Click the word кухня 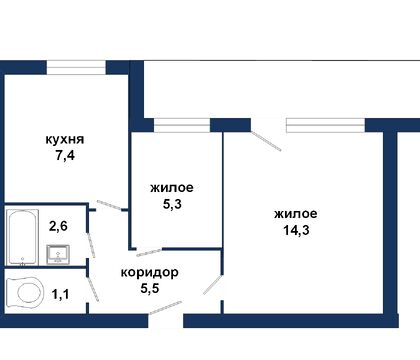coord(64,140)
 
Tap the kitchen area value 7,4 coord(64,158)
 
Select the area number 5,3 coord(171,204)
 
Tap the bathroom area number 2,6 coord(59,226)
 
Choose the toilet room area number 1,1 coord(59,294)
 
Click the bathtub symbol coord(21,237)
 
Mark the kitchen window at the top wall coord(76,67)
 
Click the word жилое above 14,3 coord(295,214)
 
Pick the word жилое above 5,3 coord(171,187)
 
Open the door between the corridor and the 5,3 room coord(149,250)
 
